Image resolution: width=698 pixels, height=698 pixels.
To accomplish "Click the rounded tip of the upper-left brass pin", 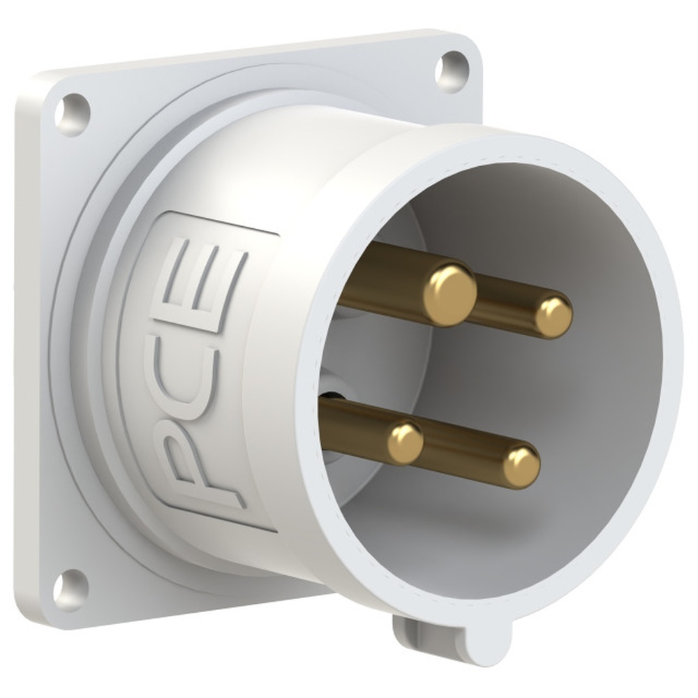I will coord(450,294).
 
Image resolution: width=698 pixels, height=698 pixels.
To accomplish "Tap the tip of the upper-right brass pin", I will coord(554,316).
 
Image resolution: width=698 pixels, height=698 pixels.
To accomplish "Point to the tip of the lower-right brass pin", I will coord(521,466).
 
